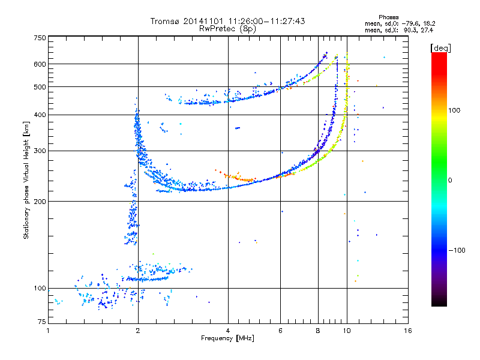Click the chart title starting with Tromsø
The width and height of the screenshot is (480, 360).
coord(228,21)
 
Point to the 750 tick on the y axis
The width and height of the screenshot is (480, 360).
coord(40,38)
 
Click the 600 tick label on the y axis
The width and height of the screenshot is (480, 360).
coord(40,64)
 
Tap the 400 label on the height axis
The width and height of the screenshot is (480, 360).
coord(40,115)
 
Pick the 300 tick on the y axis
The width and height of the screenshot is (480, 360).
coord(40,151)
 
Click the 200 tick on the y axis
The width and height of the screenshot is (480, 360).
coord(40,202)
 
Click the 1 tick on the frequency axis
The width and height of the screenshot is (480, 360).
coord(48,331)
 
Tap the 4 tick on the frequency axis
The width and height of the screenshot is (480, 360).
coord(228,331)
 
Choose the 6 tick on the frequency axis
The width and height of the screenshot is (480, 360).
coord(281,331)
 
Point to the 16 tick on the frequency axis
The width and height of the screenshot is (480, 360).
coord(407,331)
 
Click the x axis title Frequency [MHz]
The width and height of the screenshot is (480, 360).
coord(228,338)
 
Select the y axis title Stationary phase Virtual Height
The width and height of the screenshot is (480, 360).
coord(26,180)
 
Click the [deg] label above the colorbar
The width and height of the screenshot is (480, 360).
coord(441,47)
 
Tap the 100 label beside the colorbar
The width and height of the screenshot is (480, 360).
coord(455,110)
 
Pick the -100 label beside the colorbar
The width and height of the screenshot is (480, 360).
coord(457,250)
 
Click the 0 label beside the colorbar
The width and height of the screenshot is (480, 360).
coord(450,180)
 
